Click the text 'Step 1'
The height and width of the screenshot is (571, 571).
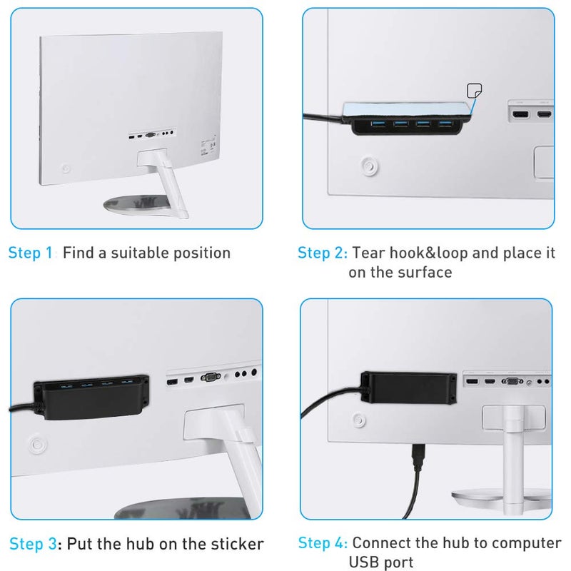(30, 253)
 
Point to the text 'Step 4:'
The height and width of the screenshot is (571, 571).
(323, 544)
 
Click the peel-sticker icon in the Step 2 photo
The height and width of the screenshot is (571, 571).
(472, 91)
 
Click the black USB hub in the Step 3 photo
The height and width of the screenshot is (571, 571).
(91, 398)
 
